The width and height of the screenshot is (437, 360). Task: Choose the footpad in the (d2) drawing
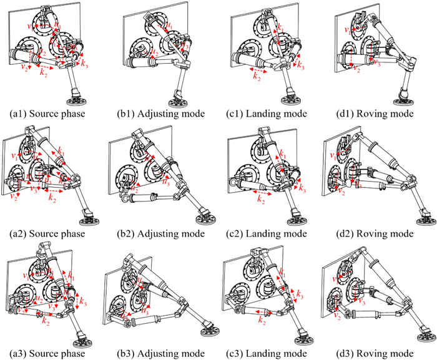pos(421,219)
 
